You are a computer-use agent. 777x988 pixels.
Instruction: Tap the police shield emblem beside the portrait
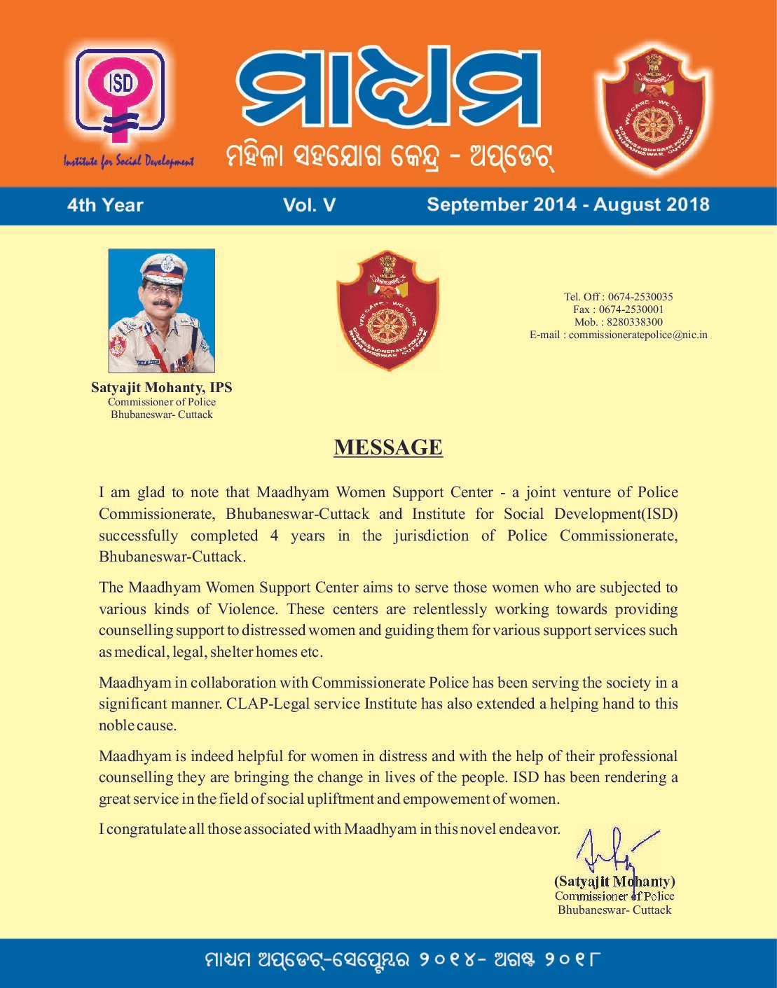coord(387,311)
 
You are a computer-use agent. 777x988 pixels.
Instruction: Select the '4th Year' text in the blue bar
coord(105,205)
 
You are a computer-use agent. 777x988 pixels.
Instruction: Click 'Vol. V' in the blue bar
coord(309,205)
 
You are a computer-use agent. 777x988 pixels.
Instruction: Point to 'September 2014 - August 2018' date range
coord(568,204)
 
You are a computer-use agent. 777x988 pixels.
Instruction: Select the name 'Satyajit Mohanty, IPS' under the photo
coord(161,387)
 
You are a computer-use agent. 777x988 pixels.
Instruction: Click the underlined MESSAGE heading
coord(388,447)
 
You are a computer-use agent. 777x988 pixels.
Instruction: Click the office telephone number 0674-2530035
coord(640,297)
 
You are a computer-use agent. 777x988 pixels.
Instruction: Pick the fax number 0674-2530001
coord(631,309)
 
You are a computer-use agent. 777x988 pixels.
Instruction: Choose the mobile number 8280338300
coord(632,322)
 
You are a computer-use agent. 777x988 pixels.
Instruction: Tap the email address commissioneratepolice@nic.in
coord(638,335)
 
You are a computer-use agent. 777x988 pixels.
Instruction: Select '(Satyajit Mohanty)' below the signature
coord(614,882)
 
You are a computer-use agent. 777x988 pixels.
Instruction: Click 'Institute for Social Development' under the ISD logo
coord(129,162)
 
